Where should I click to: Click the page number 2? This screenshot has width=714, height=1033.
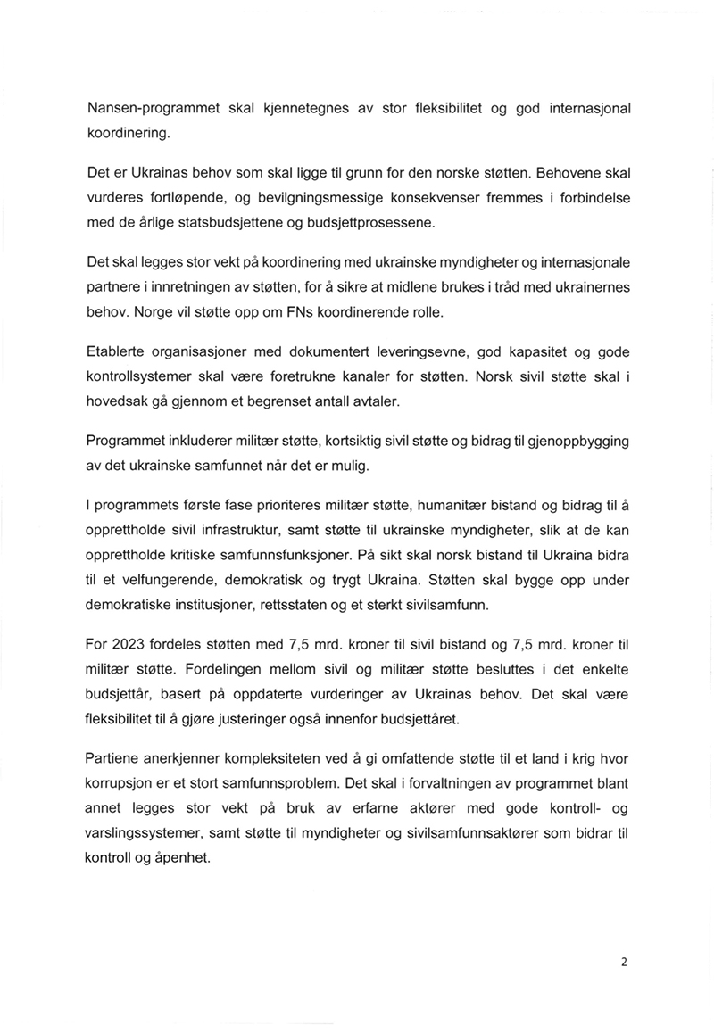coord(624,962)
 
